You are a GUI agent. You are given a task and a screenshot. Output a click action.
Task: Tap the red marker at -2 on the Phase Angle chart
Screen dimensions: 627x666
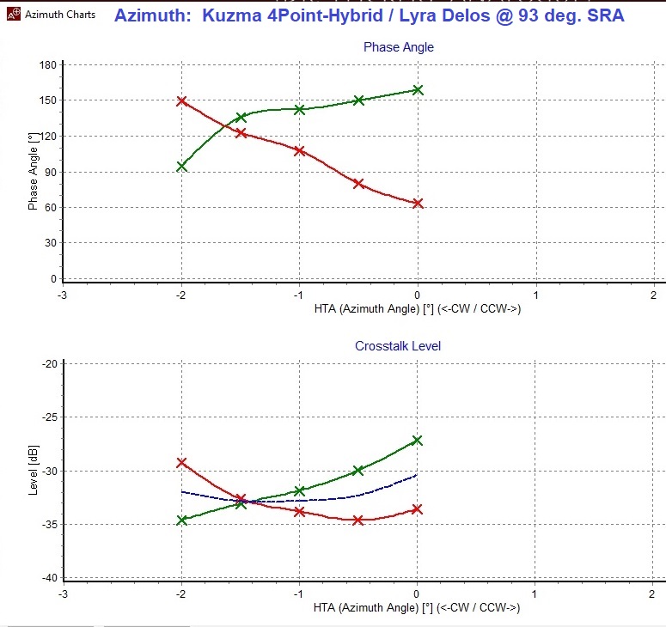181,100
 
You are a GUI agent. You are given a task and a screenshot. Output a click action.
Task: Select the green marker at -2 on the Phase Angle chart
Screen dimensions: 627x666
181,167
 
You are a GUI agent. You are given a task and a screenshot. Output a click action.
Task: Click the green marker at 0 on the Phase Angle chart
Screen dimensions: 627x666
418,89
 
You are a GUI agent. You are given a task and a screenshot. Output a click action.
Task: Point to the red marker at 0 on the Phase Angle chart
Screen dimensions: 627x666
418,204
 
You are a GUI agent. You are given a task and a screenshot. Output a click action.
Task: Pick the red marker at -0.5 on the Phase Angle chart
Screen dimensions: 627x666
358,183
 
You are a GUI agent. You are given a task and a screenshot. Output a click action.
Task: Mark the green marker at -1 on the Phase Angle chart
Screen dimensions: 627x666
299,109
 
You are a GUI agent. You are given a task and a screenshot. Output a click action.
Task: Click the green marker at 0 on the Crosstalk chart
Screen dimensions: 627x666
418,440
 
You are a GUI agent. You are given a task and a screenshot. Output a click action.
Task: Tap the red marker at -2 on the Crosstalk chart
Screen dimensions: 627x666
181,462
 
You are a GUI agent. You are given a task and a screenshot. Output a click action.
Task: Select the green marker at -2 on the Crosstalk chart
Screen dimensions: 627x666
181,520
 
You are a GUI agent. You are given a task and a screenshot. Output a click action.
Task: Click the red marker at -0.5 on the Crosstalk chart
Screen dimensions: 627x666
358,520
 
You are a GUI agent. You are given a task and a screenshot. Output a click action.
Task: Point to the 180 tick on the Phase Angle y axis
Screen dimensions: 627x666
48,65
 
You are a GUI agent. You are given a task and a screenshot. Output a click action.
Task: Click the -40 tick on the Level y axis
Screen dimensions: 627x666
48,578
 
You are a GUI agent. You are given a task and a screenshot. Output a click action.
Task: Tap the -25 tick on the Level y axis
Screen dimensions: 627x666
48,417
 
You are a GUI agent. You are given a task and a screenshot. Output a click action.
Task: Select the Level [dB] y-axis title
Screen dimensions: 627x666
33,471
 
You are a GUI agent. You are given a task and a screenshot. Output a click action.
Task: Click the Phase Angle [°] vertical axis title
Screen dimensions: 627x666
33,172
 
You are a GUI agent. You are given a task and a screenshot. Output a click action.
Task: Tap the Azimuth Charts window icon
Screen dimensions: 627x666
12,15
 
